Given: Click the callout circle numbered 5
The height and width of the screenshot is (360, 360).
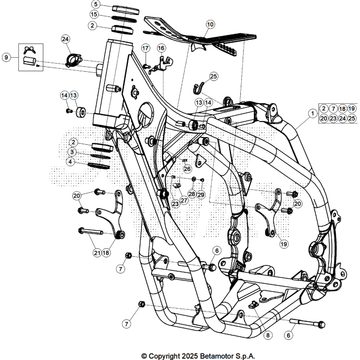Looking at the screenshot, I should pyautogui.click(x=96, y=4).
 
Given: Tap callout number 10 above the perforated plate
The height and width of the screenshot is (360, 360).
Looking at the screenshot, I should pyautogui.click(x=210, y=24).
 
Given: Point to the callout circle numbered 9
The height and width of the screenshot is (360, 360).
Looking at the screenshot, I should pyautogui.click(x=6, y=57).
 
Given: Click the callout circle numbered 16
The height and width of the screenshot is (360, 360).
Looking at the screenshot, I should pyautogui.click(x=161, y=47).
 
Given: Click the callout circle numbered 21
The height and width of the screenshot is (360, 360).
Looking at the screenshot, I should pyautogui.click(x=97, y=252).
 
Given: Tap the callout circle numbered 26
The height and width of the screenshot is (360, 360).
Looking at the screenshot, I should pyautogui.click(x=187, y=169).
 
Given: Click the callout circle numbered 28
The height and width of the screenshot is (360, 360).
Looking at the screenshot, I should pyautogui.click(x=192, y=194).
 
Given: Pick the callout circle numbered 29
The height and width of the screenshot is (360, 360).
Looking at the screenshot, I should pyautogui.click(x=201, y=194).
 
